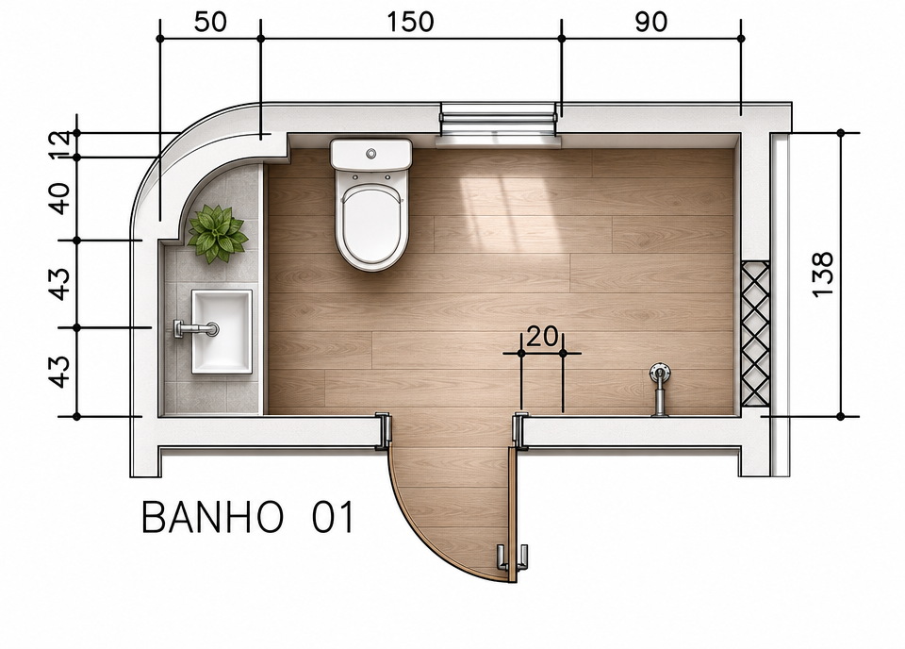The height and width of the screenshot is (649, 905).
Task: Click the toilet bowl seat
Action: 371,225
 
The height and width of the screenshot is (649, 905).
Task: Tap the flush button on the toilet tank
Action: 371,154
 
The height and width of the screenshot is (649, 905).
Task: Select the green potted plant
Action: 218,234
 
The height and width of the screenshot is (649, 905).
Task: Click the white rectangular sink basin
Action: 222,331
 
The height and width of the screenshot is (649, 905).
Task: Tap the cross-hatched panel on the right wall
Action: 755,333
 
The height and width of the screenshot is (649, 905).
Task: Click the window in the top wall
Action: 498,125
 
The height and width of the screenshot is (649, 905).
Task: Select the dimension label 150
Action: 410,23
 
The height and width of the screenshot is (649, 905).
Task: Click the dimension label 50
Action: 210,23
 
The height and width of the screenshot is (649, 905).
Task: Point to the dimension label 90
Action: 651,23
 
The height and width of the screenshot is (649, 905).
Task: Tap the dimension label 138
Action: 823,275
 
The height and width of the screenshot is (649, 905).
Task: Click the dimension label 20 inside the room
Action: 543,336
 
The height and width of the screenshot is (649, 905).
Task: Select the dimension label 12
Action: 60,145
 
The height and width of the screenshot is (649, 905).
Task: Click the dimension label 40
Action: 60,198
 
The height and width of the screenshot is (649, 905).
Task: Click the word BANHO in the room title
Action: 212,517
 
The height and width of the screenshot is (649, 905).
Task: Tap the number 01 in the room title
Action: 333,517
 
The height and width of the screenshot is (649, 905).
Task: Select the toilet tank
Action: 371,154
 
